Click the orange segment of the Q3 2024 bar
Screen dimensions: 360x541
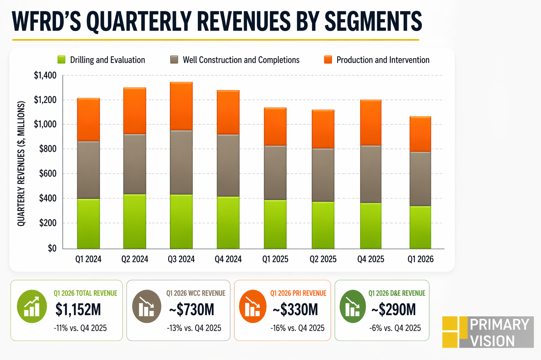181,106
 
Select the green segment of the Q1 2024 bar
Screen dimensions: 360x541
88,224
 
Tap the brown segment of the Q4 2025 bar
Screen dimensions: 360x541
371,174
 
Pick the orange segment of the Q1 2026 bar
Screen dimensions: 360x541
420,134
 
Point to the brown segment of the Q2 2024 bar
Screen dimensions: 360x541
135,164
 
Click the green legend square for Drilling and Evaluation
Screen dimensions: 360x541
62,60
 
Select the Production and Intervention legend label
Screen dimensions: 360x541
383,60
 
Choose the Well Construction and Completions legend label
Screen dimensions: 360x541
241,60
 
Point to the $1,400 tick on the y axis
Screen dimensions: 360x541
45,75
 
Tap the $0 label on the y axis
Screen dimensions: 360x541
52,248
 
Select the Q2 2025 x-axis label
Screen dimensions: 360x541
323,259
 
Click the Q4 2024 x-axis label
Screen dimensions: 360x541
228,259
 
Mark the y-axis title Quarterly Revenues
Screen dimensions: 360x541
21,164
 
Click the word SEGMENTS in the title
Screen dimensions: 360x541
373,21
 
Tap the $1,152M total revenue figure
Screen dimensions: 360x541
78,310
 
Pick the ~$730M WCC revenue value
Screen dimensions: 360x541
192,310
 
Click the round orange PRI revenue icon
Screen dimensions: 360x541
252,306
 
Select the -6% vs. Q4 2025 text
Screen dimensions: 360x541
395,328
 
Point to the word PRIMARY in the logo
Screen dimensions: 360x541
499,324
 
